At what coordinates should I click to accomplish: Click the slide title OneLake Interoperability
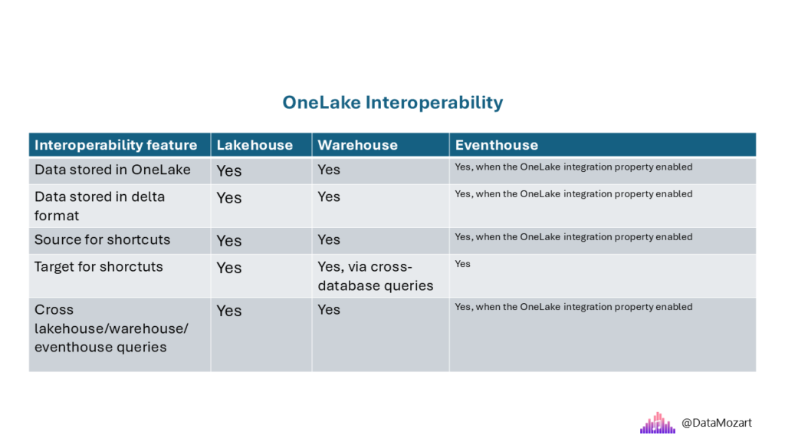pyautogui.click(x=392, y=103)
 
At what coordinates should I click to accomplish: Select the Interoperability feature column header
pyautogui.click(x=116, y=145)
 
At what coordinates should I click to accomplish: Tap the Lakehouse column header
pyautogui.click(x=255, y=145)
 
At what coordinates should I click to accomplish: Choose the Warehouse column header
pyautogui.click(x=357, y=145)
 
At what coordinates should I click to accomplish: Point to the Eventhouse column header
pyautogui.click(x=496, y=145)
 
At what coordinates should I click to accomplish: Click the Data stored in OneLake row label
pyautogui.click(x=112, y=170)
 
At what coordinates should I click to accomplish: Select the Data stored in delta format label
pyautogui.click(x=100, y=206)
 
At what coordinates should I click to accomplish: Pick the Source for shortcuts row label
pyautogui.click(x=102, y=239)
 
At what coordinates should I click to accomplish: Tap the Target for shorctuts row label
pyautogui.click(x=99, y=266)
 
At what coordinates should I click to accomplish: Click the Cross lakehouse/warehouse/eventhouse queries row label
pyautogui.click(x=111, y=328)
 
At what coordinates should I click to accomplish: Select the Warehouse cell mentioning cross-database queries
pyautogui.click(x=376, y=276)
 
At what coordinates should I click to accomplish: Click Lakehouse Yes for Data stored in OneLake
pyautogui.click(x=228, y=171)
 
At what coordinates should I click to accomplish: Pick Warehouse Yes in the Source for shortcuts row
pyautogui.click(x=329, y=240)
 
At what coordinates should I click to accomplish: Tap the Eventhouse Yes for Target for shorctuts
pyautogui.click(x=462, y=264)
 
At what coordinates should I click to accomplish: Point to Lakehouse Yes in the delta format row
pyautogui.click(x=228, y=198)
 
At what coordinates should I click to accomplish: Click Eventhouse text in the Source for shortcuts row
pyautogui.click(x=573, y=237)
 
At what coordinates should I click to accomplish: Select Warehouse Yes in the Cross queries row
pyautogui.click(x=329, y=310)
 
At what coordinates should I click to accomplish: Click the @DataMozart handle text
pyautogui.click(x=717, y=423)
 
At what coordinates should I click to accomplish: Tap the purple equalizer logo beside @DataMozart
pyautogui.click(x=657, y=423)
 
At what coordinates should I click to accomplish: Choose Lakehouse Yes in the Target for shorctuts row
pyautogui.click(x=228, y=268)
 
